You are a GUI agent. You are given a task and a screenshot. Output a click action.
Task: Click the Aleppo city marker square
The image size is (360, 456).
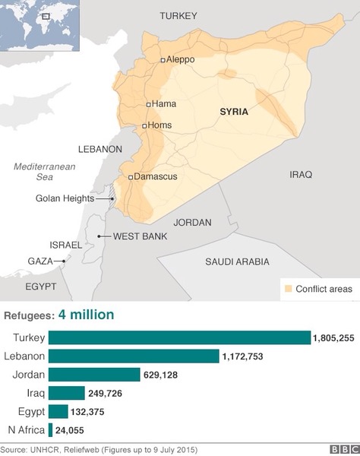pos(163,59)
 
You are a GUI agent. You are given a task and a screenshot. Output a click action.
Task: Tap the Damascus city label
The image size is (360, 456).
pos(156,176)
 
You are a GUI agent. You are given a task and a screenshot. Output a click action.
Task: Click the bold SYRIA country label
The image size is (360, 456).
pos(234,112)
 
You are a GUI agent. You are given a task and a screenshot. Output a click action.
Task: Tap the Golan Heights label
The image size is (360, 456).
pos(65,198)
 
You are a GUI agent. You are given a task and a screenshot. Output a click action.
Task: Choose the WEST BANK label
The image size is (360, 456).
pos(140,236)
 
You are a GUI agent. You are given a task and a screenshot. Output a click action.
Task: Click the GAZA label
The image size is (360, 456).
pos(40,261)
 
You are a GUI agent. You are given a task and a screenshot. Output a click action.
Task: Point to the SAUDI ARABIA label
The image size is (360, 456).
pos(237,261)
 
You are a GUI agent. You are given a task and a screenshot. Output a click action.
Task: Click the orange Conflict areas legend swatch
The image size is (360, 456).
pos(288,289)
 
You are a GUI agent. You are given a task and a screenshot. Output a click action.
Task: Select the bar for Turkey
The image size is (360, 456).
pos(179,337)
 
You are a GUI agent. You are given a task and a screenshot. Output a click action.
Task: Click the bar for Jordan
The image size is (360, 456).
pos(95,374)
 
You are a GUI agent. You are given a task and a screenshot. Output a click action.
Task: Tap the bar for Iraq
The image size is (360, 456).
pos(67,393)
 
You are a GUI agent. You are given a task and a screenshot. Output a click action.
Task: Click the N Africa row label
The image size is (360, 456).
pos(24,429)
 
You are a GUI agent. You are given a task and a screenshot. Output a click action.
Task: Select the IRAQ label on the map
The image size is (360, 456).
pos(301,174)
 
